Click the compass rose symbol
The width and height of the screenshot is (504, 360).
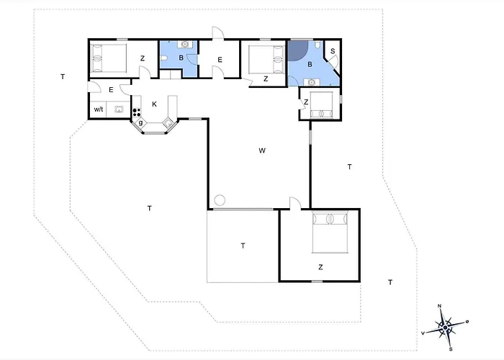pyautogui.click(x=446, y=326)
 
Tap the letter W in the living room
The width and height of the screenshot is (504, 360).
pyautogui.click(x=263, y=150)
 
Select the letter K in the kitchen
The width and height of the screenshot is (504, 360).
pyautogui.click(x=154, y=104)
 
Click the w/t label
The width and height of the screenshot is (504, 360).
pyautogui.click(x=99, y=110)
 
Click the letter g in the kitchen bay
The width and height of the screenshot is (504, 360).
pyautogui.click(x=141, y=123)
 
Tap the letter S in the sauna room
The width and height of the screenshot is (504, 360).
pyautogui.click(x=332, y=51)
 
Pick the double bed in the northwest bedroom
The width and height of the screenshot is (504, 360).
pyautogui.click(x=109, y=57)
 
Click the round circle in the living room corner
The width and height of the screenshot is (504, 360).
pyautogui.click(x=220, y=199)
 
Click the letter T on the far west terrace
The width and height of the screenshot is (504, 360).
pyautogui.click(x=63, y=76)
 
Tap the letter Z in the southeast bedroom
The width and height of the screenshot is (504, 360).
pyautogui.click(x=321, y=266)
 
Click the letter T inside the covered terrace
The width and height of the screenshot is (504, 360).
pyautogui.click(x=243, y=246)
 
